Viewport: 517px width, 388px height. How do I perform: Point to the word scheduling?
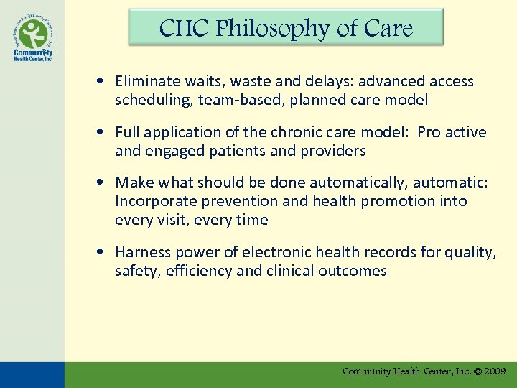point(148,100)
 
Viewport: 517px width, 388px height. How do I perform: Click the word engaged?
point(175,151)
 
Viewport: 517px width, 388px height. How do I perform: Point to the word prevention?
point(241,202)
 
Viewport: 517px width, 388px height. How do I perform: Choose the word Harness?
point(142,252)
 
